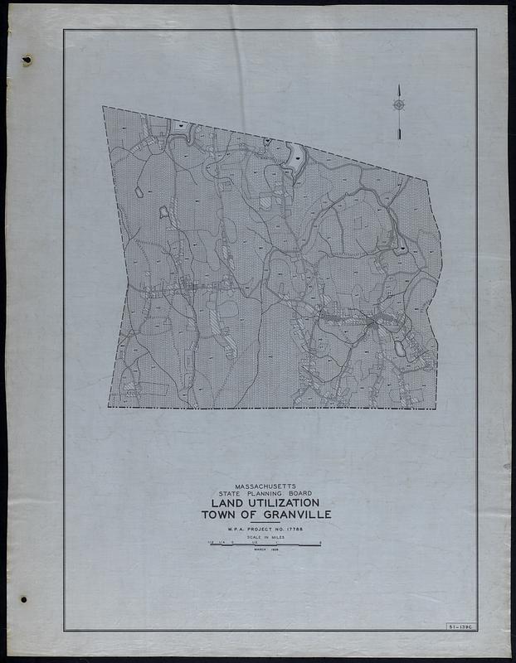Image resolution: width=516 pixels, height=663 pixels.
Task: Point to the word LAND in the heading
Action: pyautogui.click(x=226, y=504)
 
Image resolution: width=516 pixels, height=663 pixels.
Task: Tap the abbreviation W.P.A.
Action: pyautogui.click(x=230, y=529)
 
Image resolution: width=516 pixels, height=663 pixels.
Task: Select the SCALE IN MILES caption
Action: pyautogui.click(x=265, y=538)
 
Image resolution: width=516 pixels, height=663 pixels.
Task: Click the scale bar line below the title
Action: pyautogui.click(x=265, y=544)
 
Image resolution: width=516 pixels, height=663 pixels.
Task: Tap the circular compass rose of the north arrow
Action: pyautogui.click(x=399, y=104)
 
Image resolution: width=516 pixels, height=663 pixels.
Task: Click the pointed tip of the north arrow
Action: pyautogui.click(x=399, y=85)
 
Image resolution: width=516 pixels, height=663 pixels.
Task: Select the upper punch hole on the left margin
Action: pyautogui.click(x=27, y=60)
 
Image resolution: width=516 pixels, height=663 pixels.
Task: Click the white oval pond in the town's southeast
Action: pyautogui.click(x=401, y=349)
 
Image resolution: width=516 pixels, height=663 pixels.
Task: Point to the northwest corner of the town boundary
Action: pyautogui.click(x=103, y=107)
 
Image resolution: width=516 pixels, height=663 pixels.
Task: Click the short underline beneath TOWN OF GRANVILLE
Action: pyautogui.click(x=265, y=522)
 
